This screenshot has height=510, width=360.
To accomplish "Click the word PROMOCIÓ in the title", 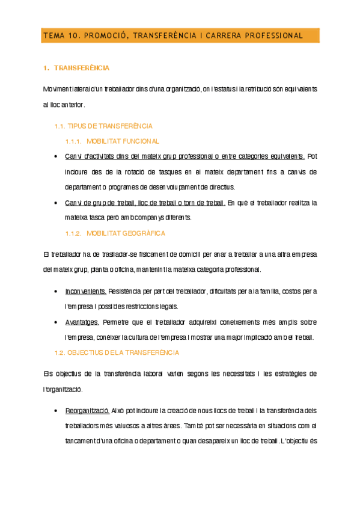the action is (103, 35).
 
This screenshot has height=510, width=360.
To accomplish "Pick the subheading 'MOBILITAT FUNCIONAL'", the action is (123, 141).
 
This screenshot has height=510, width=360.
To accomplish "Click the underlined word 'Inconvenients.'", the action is (85, 291).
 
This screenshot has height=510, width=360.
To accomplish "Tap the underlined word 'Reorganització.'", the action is (87, 411).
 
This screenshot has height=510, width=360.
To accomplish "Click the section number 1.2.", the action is (59, 352).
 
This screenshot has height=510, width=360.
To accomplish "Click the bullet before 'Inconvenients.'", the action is (56, 292).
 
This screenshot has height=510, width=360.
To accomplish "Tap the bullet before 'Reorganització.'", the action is (56, 411).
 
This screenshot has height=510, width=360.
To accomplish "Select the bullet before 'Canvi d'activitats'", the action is (56, 157).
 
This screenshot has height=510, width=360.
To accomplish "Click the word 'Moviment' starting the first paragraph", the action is (56, 89).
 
